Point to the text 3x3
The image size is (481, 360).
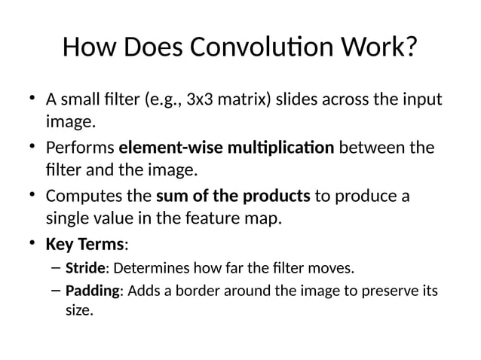[200, 100]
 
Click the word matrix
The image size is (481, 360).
[239, 100]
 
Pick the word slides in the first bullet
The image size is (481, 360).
[298, 100]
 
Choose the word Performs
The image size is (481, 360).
[80, 147]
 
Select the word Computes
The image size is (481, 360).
[83, 197]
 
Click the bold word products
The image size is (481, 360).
[277, 197]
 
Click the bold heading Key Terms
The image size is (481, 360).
[85, 244]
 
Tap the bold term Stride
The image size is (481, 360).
[84, 267]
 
